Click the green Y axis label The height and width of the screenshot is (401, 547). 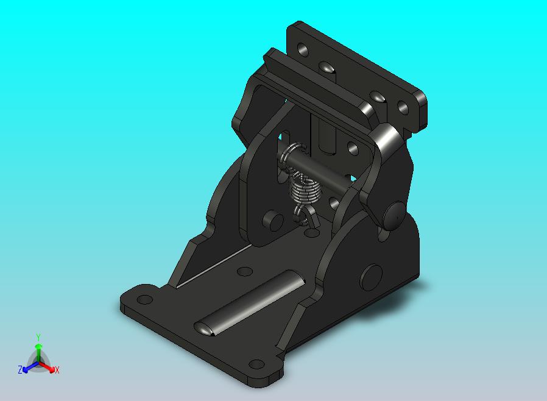coord(38,337)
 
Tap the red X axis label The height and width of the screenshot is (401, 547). coord(57,370)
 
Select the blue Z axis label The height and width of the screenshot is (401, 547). coord(20,369)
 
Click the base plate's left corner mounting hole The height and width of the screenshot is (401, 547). coord(145,299)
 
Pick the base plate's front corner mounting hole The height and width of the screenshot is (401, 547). coord(257,364)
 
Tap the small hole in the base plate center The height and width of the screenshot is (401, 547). coord(244,271)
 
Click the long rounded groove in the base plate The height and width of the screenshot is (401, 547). coord(250,303)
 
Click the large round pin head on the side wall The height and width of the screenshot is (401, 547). coord(371,277)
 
